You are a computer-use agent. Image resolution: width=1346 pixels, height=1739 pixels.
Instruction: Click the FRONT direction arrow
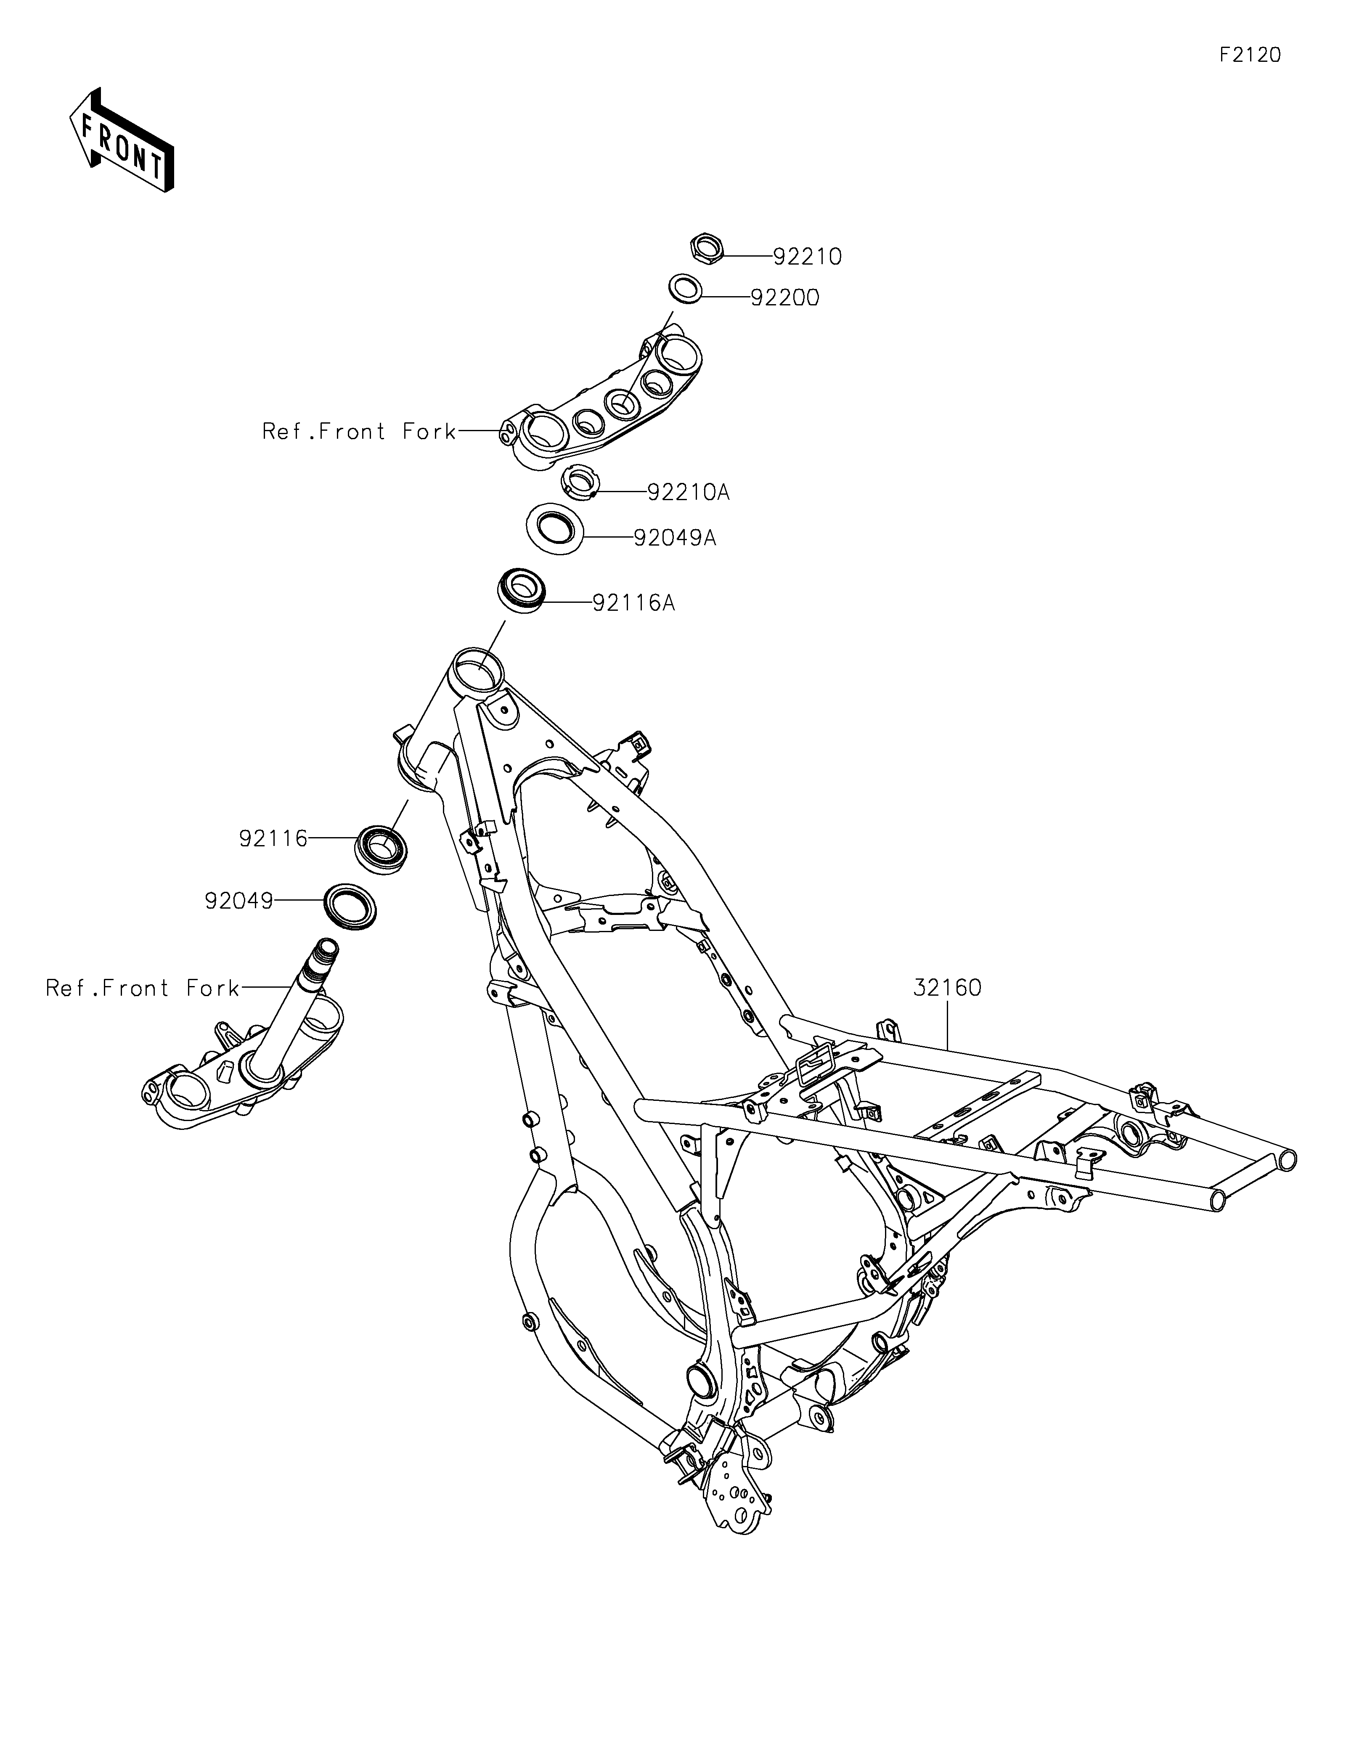click(x=122, y=139)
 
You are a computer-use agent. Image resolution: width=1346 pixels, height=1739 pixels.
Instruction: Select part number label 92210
click(x=807, y=257)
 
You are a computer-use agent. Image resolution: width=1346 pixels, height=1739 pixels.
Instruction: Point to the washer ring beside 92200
click(x=684, y=288)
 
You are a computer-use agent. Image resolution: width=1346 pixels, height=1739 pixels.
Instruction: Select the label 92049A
click(x=675, y=538)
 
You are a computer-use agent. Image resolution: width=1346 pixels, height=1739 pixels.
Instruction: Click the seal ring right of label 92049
click(x=350, y=905)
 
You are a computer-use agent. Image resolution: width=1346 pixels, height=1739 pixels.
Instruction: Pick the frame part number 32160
click(x=947, y=988)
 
